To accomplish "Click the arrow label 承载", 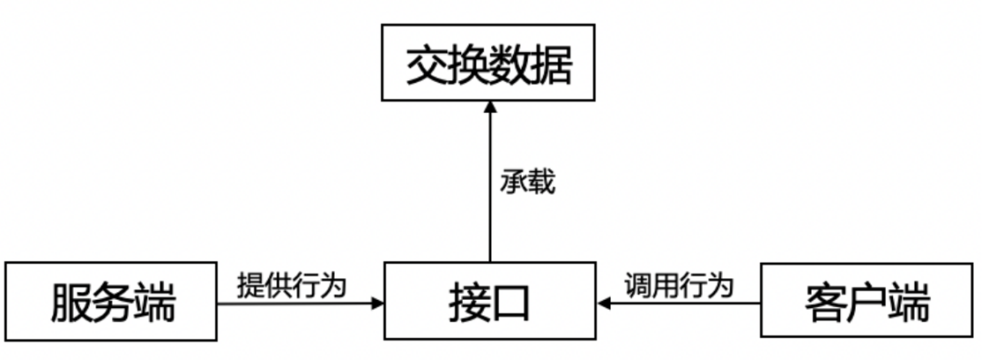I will (527, 182).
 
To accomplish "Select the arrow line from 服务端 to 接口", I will (291, 304).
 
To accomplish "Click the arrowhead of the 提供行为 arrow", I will (376, 304).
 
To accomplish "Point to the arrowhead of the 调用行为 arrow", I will (605, 304).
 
